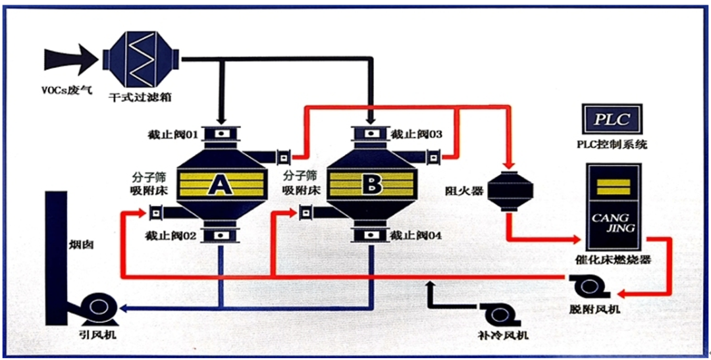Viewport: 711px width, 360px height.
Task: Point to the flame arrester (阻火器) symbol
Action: click(x=510, y=191)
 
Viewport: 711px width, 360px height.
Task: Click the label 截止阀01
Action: click(x=172, y=135)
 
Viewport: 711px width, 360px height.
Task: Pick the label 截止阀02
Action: click(x=173, y=234)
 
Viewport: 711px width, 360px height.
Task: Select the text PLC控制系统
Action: click(x=612, y=144)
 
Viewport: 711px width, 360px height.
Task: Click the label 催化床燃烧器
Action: click(x=612, y=259)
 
